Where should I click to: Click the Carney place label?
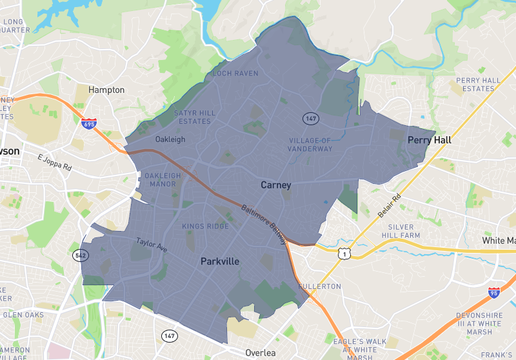(276, 185)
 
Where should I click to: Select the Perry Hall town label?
(429, 140)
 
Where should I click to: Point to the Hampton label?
(107, 89)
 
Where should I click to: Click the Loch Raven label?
(234, 73)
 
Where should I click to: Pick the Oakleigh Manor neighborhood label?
(162, 182)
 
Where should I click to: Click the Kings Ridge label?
(206, 226)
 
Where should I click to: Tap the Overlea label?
(260, 352)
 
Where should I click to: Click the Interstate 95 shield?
(493, 293)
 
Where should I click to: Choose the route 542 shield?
(77, 256)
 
